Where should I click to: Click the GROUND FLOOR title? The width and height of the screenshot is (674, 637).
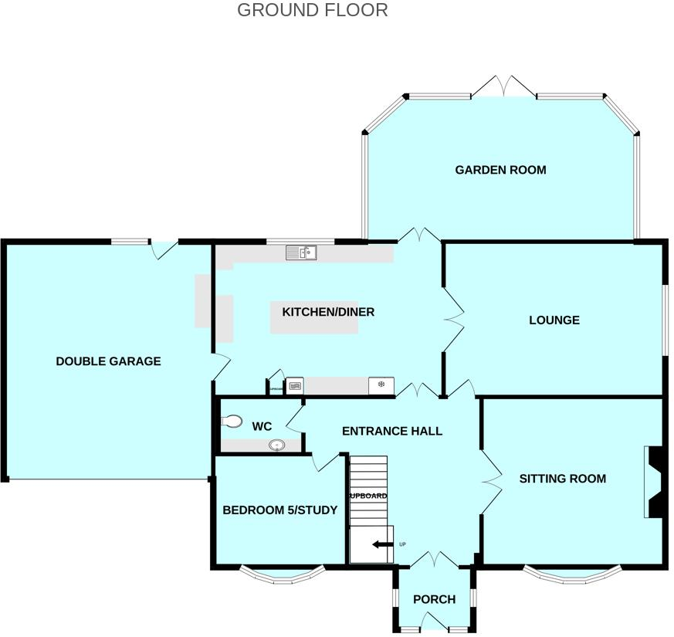click(x=312, y=10)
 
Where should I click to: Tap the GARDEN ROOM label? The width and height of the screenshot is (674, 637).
click(x=500, y=170)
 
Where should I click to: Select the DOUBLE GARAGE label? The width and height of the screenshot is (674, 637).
click(x=108, y=361)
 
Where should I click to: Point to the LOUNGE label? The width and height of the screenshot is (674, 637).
click(x=554, y=320)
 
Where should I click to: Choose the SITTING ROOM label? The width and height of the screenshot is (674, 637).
click(x=562, y=479)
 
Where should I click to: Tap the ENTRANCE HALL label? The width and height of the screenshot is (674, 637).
click(x=392, y=431)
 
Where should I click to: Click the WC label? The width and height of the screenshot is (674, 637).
click(x=262, y=426)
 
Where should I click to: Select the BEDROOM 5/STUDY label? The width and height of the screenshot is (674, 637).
click(x=279, y=510)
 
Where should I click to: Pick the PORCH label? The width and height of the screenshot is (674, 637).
click(x=434, y=599)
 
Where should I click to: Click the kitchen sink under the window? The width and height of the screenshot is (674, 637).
click(x=300, y=252)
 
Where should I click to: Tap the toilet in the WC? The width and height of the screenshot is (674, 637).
click(x=231, y=422)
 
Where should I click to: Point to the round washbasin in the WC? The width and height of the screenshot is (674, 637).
click(x=276, y=446)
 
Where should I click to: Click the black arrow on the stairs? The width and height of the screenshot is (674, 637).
click(x=381, y=544)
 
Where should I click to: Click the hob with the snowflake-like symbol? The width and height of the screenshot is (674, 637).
click(x=381, y=385)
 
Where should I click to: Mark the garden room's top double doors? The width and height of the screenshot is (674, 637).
click(x=503, y=86)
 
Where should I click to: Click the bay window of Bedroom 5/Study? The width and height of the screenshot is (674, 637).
click(x=281, y=574)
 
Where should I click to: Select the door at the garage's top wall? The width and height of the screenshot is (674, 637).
click(x=164, y=249)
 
